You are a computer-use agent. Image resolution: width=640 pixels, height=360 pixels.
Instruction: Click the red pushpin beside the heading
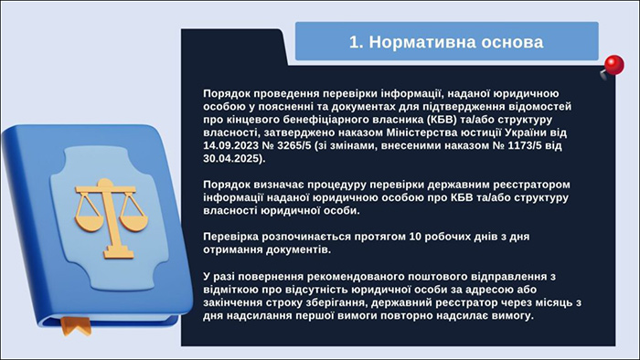point(612,65)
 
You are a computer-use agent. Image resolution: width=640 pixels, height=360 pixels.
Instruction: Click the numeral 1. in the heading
point(359,42)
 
